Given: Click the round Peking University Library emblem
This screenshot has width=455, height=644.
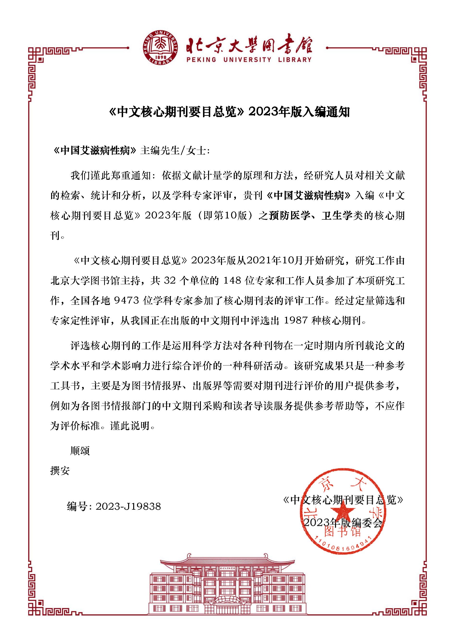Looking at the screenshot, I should (x=160, y=48).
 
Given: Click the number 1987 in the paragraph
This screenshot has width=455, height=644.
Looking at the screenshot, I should (x=296, y=320).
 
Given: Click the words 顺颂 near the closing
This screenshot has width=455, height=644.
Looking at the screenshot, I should (x=80, y=451).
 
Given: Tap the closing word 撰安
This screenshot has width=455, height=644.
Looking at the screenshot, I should (x=60, y=471).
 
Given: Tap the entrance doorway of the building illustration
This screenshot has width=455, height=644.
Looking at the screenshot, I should (x=227, y=606).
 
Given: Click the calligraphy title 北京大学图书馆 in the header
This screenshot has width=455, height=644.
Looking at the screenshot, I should (x=249, y=45).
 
